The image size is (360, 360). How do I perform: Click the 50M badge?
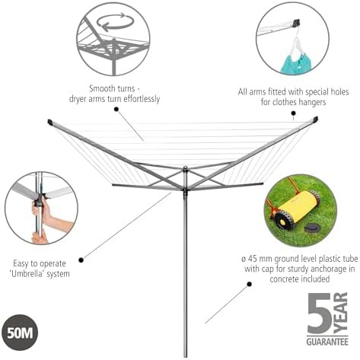coord(20,333)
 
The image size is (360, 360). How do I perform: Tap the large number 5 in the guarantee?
coord(319,314)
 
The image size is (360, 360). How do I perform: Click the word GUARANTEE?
coord(327,341)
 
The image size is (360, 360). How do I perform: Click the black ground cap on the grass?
coord(314,228)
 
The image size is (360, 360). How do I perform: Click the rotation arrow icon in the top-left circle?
coord(115,22)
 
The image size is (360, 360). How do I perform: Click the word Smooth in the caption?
coord(101,89)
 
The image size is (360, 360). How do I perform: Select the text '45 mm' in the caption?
coord(260,259)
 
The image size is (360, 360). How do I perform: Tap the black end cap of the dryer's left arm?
coord(50,122)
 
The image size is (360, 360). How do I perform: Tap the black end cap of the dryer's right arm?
coord(315,119)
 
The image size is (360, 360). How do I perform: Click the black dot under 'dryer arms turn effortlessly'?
coord(116,109)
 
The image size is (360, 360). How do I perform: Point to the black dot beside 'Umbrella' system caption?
coord(81,260)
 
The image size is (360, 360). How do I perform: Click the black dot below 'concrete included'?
coord(249,284)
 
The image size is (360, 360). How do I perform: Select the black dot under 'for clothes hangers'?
coord(293,113)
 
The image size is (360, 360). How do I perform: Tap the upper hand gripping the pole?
coord(43,208)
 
